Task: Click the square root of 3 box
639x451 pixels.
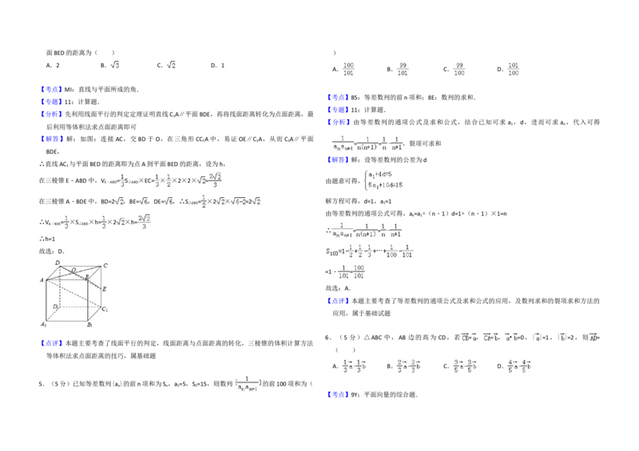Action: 115,64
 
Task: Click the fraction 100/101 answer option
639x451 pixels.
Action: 348,68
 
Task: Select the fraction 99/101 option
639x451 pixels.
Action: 404,68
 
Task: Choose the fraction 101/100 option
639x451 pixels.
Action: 514,68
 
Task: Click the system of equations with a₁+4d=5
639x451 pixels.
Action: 386,179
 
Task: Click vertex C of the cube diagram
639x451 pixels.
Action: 105,265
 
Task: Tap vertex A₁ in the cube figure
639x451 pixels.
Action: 43,325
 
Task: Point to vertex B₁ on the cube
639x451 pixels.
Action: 90,325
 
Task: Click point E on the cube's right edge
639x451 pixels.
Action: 104,288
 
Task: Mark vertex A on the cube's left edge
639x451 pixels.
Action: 42,280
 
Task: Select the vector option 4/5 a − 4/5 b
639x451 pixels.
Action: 521,366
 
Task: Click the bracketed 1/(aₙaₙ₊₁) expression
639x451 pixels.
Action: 249,382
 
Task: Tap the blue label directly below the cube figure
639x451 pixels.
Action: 51,344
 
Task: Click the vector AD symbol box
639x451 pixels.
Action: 593,338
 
